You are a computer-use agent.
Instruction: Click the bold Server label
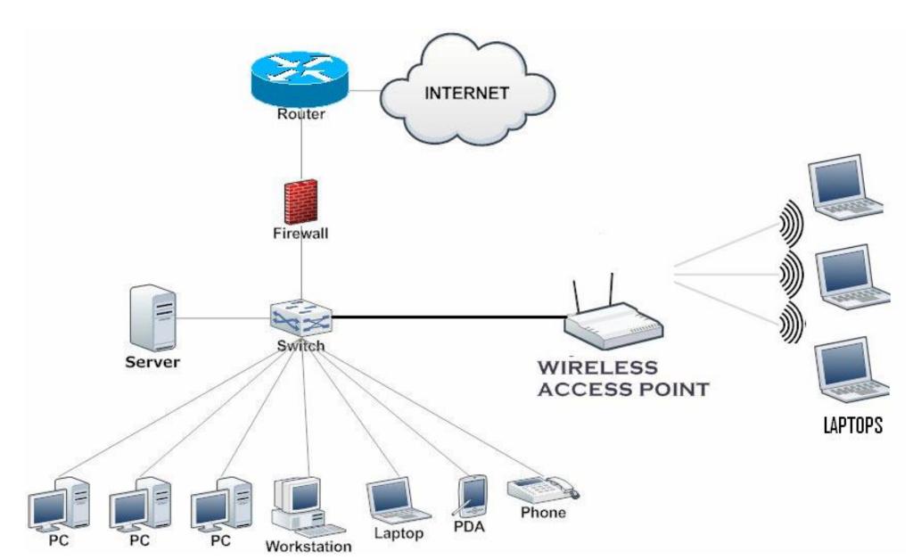[152, 363]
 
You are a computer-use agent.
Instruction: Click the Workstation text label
[308, 546]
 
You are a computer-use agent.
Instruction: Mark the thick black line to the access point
[446, 317]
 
